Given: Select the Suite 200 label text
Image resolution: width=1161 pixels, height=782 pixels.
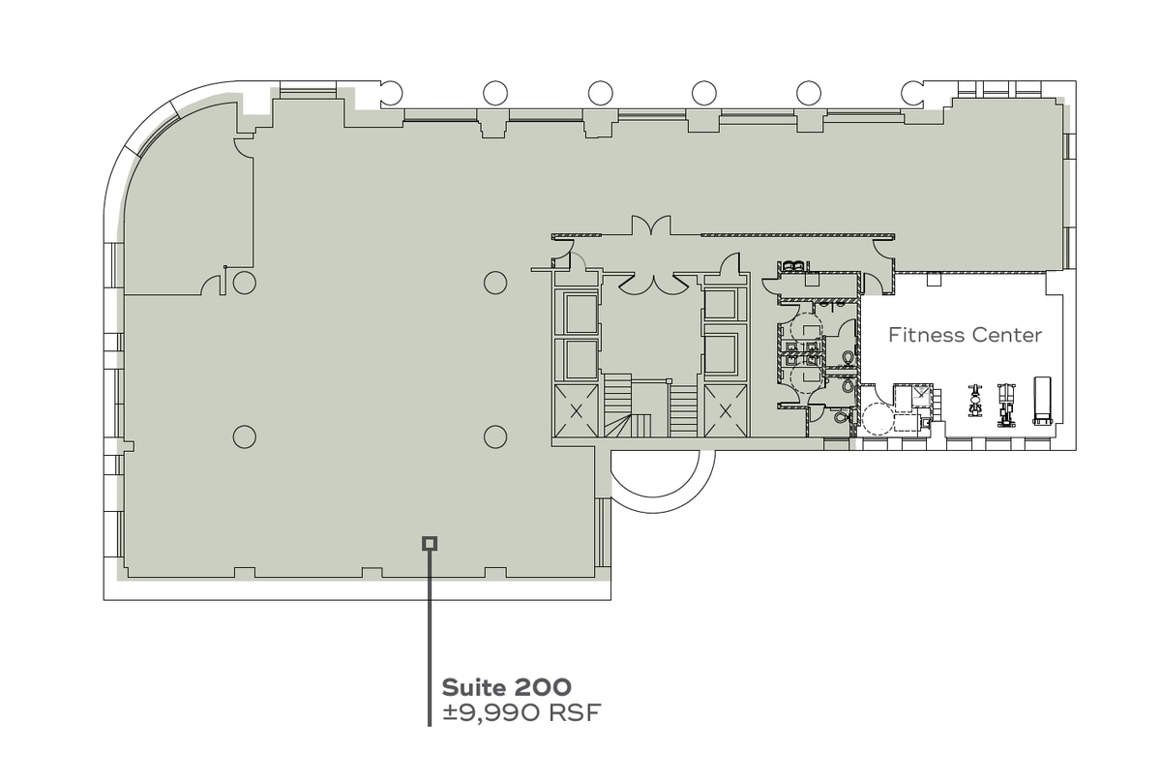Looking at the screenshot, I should (x=506, y=688).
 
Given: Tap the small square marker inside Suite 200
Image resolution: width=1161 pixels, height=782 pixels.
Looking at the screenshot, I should (x=430, y=544).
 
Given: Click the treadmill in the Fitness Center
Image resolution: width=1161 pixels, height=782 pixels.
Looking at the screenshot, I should (x=1042, y=400).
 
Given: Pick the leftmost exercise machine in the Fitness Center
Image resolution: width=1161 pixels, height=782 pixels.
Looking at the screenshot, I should (x=974, y=400).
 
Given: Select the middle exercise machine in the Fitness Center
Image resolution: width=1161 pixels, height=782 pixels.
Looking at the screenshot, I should (x=1006, y=400).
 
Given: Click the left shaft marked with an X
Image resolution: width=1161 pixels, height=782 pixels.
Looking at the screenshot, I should (x=577, y=410).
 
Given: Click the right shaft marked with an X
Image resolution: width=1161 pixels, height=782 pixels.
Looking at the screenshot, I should (x=726, y=410).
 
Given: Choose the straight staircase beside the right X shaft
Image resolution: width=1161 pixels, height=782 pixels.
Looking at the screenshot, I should (x=683, y=410).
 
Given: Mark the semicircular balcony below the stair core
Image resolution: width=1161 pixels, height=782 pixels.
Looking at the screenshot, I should (x=662, y=479).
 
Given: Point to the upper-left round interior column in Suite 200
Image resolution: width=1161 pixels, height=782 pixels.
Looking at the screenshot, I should (x=245, y=283).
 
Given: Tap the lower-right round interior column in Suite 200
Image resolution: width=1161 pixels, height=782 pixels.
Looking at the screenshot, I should (x=495, y=436).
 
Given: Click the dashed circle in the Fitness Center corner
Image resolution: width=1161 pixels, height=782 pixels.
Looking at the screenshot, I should (x=879, y=420).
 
